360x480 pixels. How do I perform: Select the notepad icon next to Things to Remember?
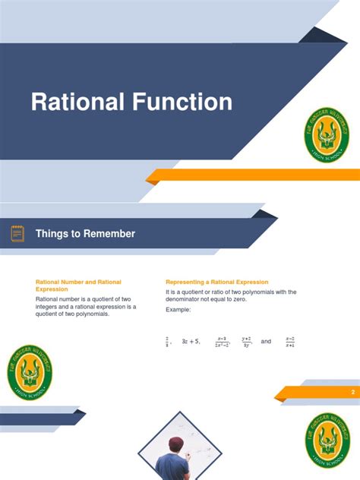pos(17,234)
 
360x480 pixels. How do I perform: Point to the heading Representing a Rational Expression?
pos(216,283)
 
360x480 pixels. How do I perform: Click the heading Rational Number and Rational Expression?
pos(78,286)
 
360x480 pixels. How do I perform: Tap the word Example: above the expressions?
pos(178,310)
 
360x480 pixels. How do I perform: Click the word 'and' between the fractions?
pos(266,342)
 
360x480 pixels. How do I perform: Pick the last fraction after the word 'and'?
pos(290,342)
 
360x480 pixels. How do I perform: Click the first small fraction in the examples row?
pos(167,342)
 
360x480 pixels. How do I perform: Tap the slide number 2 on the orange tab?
pos(352,392)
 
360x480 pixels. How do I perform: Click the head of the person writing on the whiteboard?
pos(176,446)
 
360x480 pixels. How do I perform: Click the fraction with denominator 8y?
pos(246,342)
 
